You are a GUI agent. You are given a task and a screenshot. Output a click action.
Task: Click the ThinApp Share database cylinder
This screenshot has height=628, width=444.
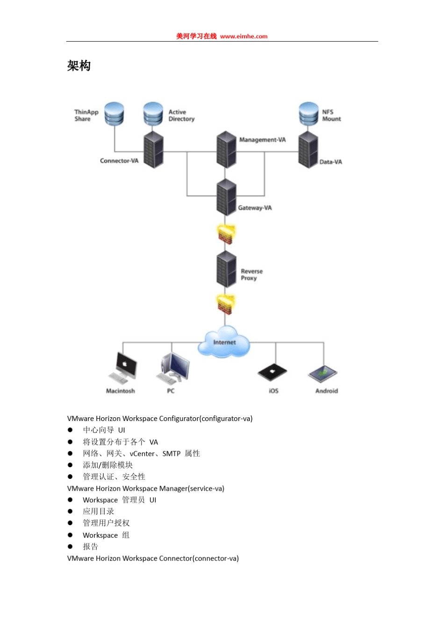tap(114, 114)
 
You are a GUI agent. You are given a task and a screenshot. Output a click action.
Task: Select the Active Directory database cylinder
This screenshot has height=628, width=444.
tap(153, 114)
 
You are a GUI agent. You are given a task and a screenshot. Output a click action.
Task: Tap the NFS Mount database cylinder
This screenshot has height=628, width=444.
tap(308, 114)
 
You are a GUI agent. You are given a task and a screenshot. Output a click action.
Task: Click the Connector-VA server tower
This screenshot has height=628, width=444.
tap(153, 150)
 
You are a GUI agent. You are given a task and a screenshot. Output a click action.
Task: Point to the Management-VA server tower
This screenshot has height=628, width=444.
tap(226, 150)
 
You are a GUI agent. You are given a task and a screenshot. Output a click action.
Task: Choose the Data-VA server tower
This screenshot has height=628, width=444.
tap(308, 150)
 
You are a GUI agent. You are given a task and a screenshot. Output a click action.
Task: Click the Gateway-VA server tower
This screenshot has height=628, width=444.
tap(226, 197)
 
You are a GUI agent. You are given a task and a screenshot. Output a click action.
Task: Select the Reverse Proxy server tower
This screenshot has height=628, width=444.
tap(226, 269)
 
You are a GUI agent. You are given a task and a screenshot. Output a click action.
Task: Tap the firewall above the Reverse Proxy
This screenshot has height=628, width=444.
tap(226, 234)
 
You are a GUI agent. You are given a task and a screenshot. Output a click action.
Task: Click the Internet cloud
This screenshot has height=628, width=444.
tap(224, 343)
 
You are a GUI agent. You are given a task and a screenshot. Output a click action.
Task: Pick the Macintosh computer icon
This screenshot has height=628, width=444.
tap(123, 369)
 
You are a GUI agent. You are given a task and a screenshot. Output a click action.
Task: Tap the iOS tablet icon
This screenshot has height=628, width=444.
tap(272, 372)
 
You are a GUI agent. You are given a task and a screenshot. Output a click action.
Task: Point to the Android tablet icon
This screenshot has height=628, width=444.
tap(323, 374)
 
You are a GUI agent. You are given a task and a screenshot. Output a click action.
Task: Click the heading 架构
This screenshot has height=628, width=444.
tap(79, 66)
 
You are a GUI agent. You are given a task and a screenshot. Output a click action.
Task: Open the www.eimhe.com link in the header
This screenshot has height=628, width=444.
tap(243, 36)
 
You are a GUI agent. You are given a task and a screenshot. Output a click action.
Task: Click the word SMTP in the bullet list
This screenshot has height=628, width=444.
tap(171, 454)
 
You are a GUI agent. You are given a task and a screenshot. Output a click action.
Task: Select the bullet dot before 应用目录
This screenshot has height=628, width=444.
tap(70, 511)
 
